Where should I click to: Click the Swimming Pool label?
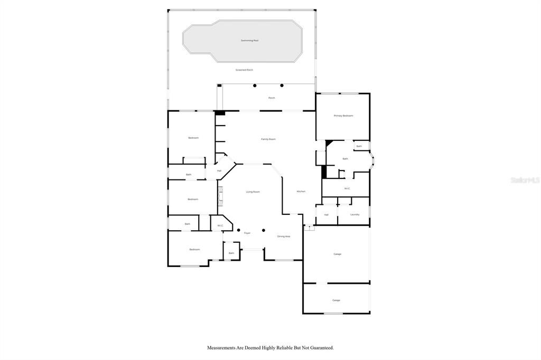click(249, 40)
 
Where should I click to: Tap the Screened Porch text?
click(244, 70)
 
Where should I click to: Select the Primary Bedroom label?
click(343, 116)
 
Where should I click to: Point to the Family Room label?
click(268, 139)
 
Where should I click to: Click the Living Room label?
click(253, 192)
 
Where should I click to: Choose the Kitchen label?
click(301, 191)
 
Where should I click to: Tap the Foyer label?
click(247, 233)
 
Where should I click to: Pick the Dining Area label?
click(284, 236)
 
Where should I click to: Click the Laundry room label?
click(355, 214)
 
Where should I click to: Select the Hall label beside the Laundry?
click(326, 214)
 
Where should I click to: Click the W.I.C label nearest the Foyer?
click(220, 225)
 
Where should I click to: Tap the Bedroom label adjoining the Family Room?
click(193, 138)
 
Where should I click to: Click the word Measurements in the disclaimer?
click(222, 348)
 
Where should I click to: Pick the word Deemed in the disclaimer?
click(246, 348)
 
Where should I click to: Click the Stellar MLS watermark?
click(525, 180)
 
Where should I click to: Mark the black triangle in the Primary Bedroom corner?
click(329, 142)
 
